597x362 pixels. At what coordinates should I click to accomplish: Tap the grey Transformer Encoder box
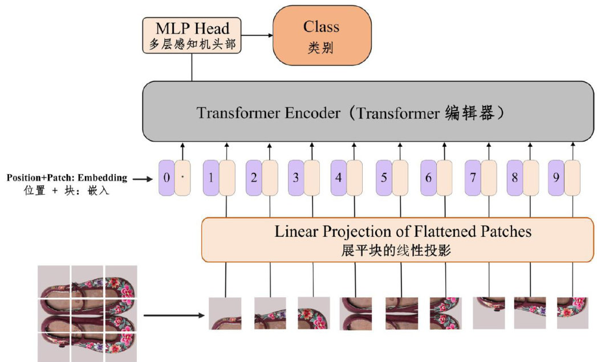coord(367,112)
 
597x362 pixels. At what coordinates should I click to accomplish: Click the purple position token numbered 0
coord(166,178)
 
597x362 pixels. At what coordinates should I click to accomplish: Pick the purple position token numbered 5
coord(384,178)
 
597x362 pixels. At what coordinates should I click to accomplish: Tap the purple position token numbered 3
coord(295,178)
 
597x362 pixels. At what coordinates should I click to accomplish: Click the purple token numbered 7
coord(473,178)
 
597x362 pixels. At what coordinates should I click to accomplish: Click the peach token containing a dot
coord(182,178)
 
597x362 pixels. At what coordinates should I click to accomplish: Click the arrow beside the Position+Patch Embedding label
coord(143,179)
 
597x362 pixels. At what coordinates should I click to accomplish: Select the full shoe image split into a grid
coord(87,313)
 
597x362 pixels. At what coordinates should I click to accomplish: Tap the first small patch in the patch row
coord(225,314)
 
